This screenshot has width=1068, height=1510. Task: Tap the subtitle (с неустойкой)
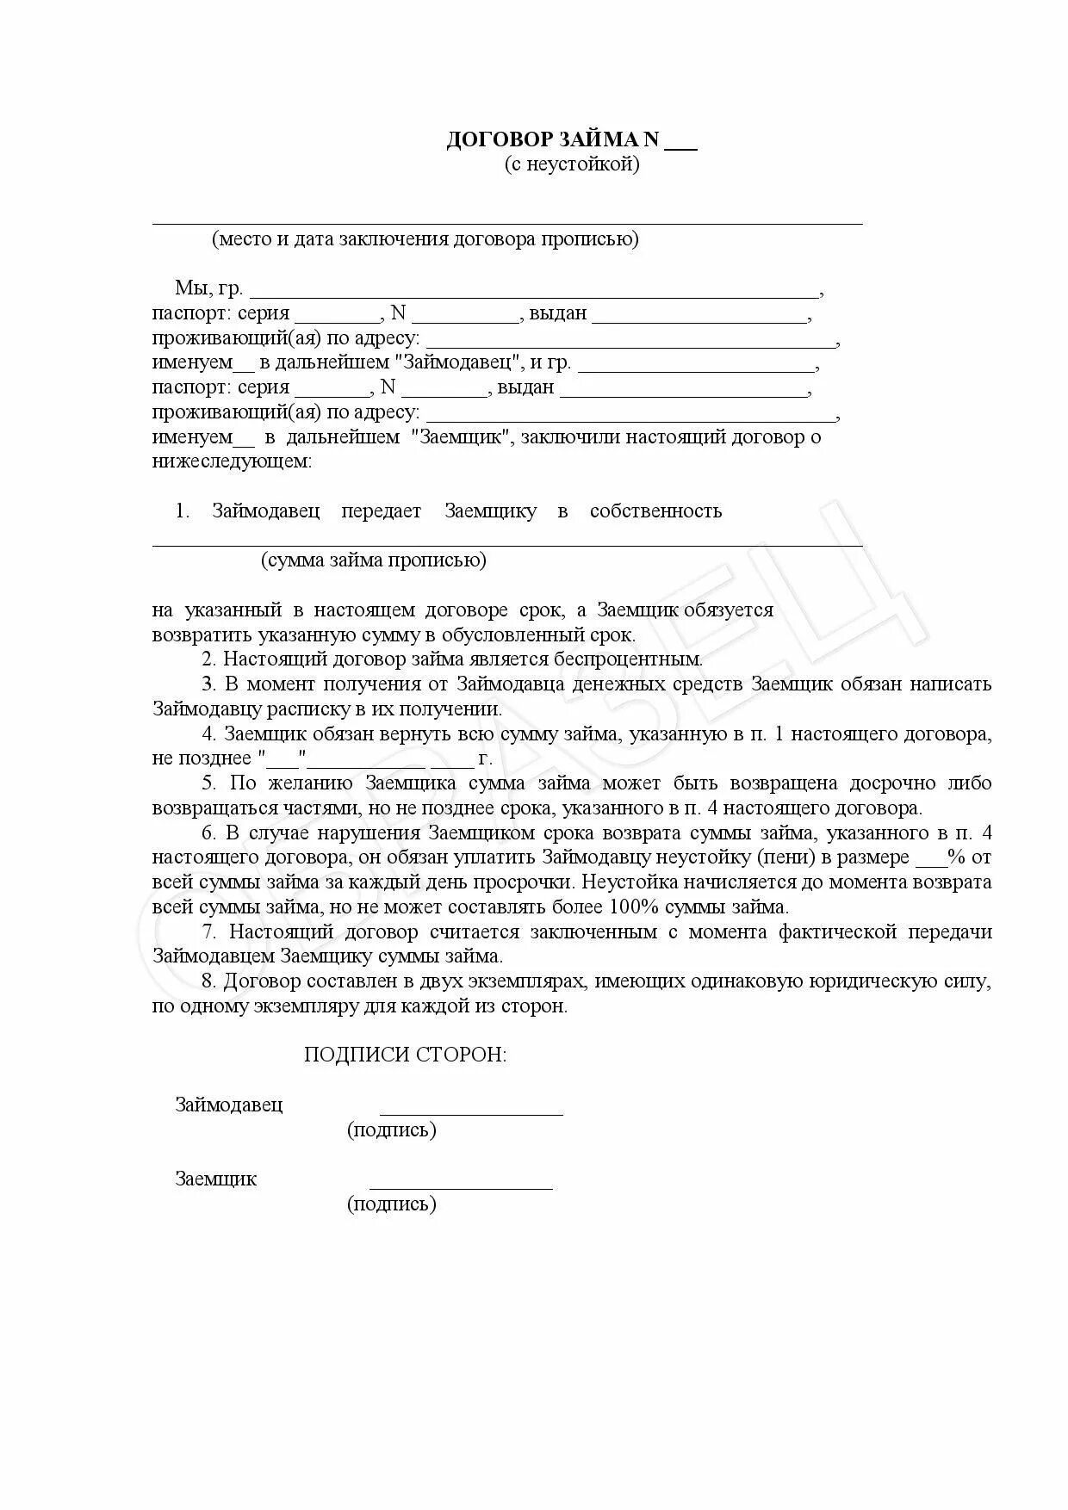point(572,164)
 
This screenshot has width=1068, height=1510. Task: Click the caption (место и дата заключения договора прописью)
point(425,239)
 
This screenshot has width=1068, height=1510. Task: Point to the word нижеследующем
point(232,462)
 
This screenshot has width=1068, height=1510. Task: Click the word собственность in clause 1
point(655,511)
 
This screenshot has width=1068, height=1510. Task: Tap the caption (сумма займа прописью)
point(374,560)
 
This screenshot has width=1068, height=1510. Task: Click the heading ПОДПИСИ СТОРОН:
point(405,1055)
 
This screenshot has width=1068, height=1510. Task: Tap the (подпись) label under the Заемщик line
point(392,1204)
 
